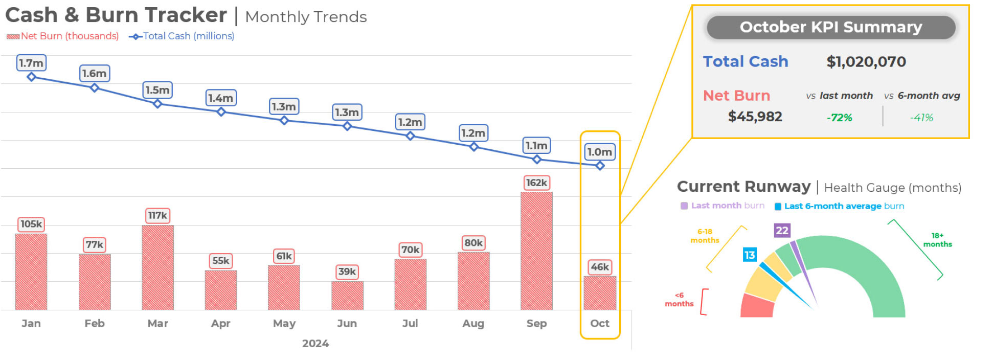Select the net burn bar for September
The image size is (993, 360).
536,251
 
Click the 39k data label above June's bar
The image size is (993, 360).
347,272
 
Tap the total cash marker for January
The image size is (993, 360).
31,77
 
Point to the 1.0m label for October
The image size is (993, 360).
599,152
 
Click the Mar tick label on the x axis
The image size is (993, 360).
157,323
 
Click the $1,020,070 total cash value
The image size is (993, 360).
866,62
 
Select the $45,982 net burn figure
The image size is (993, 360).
755,117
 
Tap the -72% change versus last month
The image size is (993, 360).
839,118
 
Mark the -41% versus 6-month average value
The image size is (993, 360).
921,118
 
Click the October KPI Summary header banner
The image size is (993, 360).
830,27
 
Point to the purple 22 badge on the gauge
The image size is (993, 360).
782,231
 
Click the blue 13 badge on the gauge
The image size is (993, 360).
749,255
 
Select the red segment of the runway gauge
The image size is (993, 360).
757,306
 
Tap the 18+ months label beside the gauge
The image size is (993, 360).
937,240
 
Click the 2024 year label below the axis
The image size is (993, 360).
315,344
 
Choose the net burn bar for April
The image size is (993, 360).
221,289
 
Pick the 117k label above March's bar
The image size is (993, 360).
157,216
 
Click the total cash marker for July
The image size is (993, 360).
410,136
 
